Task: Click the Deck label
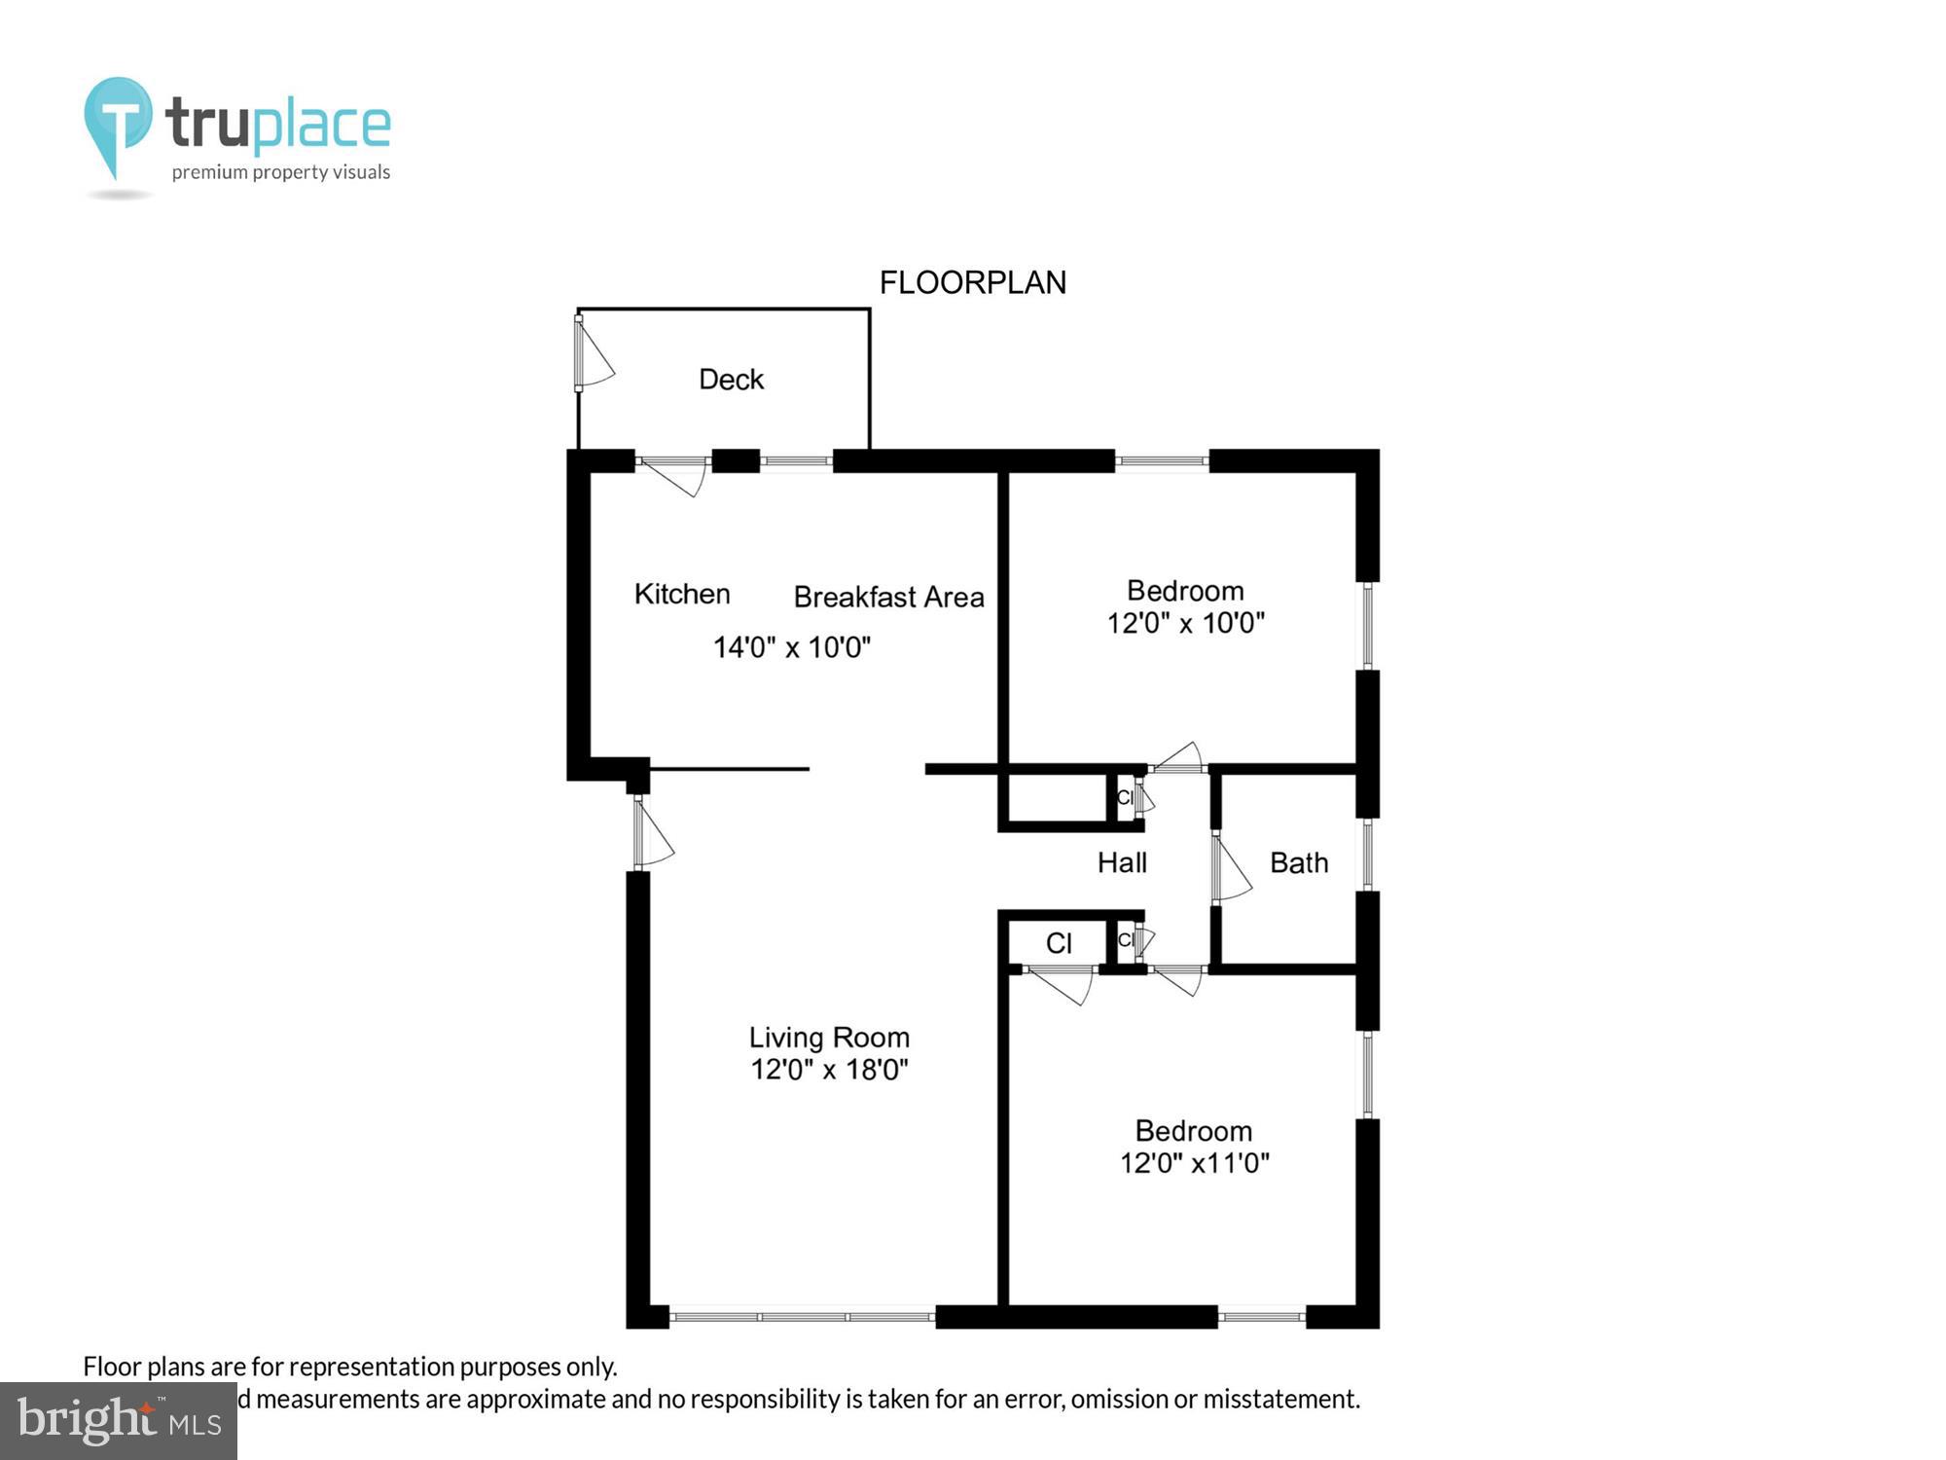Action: coord(731,380)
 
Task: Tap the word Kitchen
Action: coord(682,594)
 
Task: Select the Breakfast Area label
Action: coord(888,597)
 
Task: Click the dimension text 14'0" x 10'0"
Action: coord(791,647)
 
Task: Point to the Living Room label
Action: coord(829,1038)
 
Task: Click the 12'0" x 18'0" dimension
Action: coord(829,1070)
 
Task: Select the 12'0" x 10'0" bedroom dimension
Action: coord(1185,623)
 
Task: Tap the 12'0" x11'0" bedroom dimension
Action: coord(1194,1163)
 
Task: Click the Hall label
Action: coord(1122,862)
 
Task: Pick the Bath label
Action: coord(1299,862)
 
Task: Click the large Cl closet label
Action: coord(1059,943)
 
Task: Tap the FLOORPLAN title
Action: coord(972,282)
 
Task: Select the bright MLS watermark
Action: coord(119,1421)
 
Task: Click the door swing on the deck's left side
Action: coord(593,353)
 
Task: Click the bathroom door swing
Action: coord(1231,868)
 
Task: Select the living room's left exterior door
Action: coord(652,833)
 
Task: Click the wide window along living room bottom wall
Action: coord(803,1317)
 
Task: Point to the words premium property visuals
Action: coord(281,172)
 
